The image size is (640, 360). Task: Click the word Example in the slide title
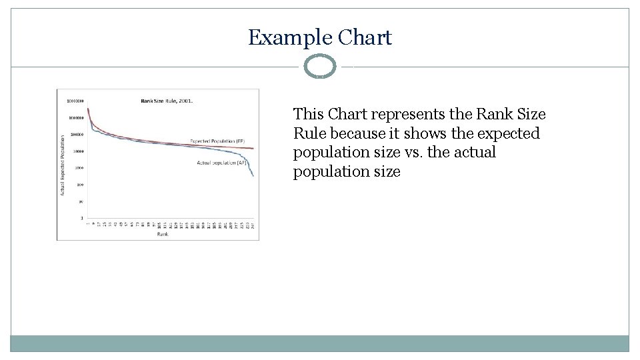[290, 37]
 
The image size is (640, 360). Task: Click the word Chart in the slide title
[365, 37]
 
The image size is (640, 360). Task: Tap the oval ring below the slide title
[320, 67]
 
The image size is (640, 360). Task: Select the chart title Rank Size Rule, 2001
[167, 101]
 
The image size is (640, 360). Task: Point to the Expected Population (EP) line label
[217, 141]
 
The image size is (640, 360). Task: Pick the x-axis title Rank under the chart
[163, 235]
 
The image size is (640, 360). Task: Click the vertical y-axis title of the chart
[63, 165]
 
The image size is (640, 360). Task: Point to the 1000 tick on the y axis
[79, 168]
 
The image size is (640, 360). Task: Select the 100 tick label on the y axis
[79, 185]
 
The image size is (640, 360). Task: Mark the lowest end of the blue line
[253, 175]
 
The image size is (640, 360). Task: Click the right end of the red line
[253, 149]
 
